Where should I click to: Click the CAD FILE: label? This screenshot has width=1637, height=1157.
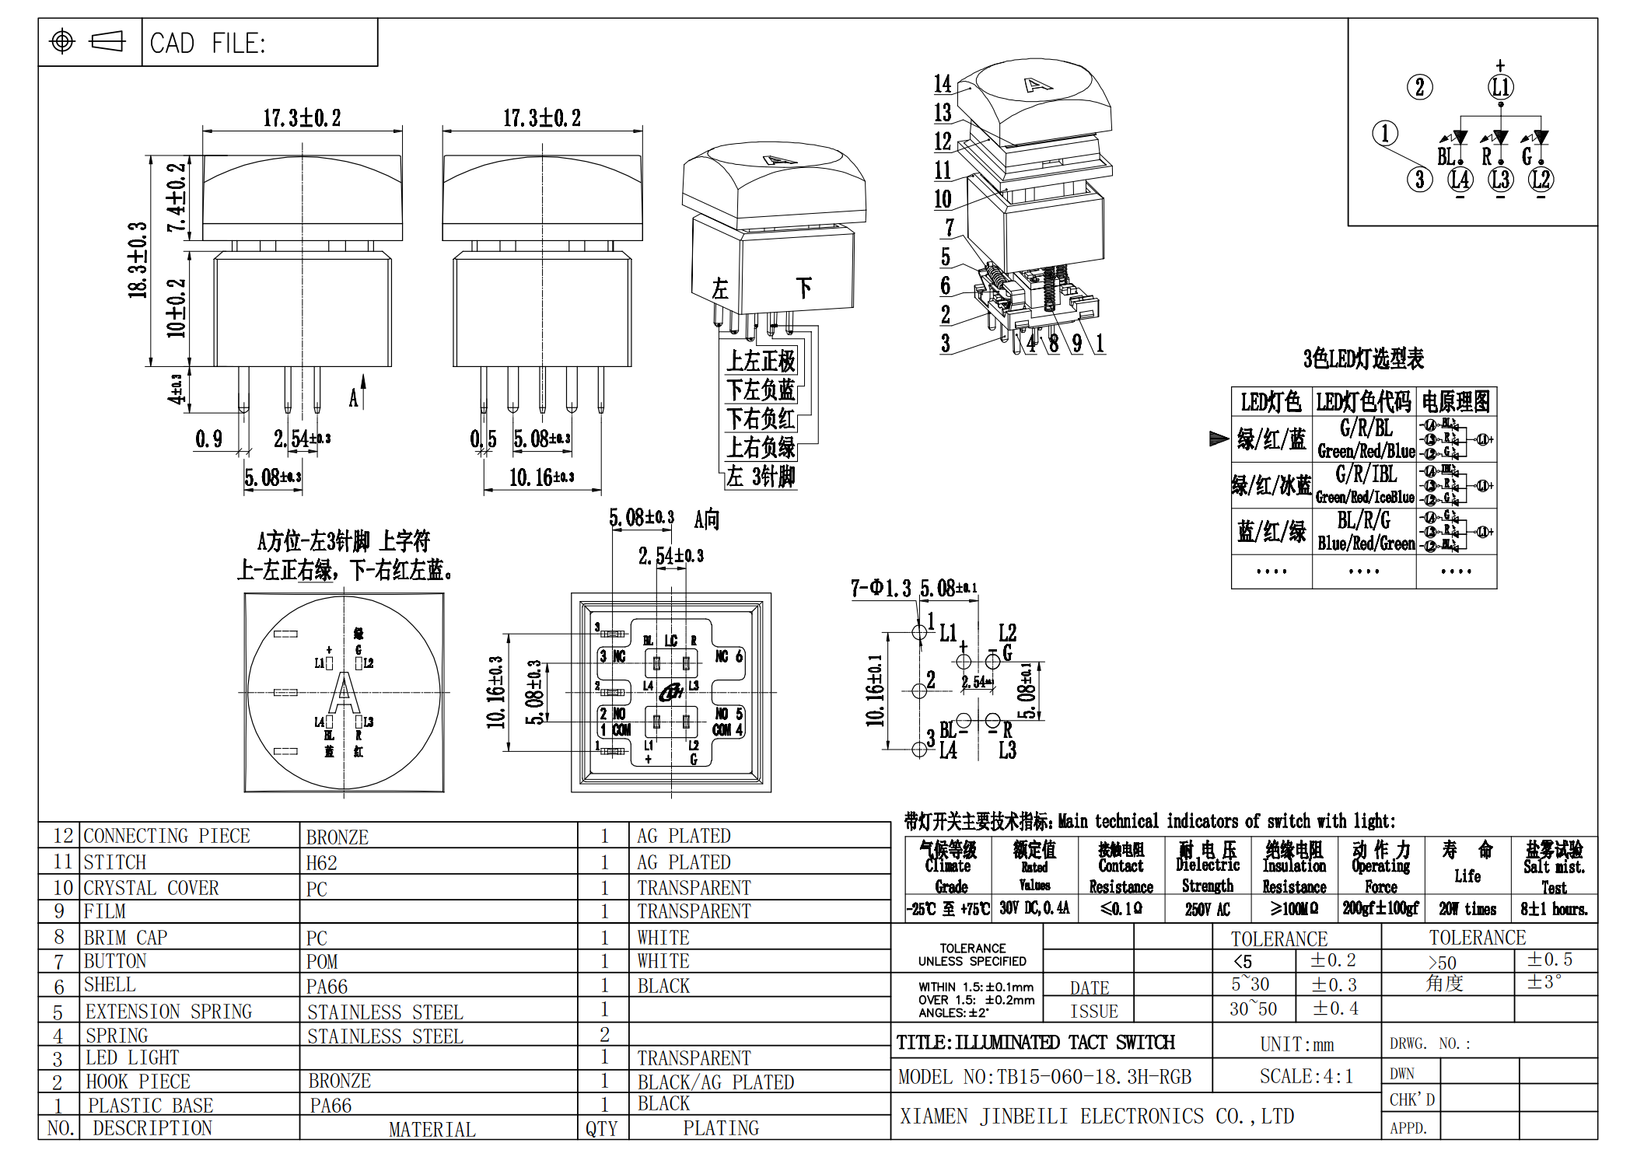[x=208, y=43]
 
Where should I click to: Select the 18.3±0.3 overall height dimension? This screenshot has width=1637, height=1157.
[x=138, y=260]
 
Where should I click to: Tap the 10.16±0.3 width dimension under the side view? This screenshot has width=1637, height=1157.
[x=541, y=477]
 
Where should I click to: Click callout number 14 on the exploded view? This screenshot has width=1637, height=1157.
[x=943, y=83]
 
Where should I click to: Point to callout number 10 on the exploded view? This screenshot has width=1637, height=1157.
[x=943, y=199]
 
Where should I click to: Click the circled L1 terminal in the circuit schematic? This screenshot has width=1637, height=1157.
[x=1500, y=87]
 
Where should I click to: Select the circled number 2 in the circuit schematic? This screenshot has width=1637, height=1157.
[x=1419, y=87]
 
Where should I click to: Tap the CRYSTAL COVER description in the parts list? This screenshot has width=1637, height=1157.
[x=151, y=888]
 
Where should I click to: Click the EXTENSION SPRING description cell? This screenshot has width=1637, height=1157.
[x=169, y=1011]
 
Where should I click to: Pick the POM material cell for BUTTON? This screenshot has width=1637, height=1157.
[x=322, y=962]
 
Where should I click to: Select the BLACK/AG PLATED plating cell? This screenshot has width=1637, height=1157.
[x=715, y=1082]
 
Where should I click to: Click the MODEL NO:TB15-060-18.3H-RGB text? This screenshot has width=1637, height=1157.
[x=1044, y=1077]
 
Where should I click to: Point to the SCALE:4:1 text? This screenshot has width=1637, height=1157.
[x=1306, y=1076]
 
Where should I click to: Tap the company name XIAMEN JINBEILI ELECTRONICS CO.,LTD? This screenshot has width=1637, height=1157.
[x=1097, y=1117]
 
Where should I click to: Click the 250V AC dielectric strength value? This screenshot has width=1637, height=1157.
[x=1207, y=909]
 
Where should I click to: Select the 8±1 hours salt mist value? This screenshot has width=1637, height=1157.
[x=1554, y=909]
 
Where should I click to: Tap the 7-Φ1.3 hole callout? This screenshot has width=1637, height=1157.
[x=880, y=589]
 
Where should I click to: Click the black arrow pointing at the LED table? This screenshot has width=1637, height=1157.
[x=1219, y=439]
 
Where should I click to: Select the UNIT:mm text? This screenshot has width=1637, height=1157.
[x=1296, y=1044]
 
